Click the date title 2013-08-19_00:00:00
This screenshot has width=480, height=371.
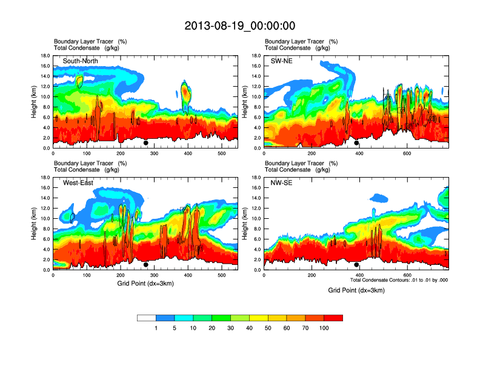[240, 25]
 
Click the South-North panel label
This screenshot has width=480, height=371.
[79, 61]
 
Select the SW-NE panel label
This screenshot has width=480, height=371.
[281, 61]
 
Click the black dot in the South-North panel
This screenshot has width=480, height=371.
[146, 143]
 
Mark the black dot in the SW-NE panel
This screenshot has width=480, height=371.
[356, 143]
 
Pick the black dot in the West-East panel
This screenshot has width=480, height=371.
[146, 265]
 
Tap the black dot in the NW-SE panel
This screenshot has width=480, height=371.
[356, 265]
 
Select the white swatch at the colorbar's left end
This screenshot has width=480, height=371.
[147, 318]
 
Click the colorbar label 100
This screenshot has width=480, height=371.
[324, 329]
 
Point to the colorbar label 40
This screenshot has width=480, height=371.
[250, 329]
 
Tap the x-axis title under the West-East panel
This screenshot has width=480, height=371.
[145, 284]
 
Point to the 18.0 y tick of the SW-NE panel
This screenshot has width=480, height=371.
[257, 56]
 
